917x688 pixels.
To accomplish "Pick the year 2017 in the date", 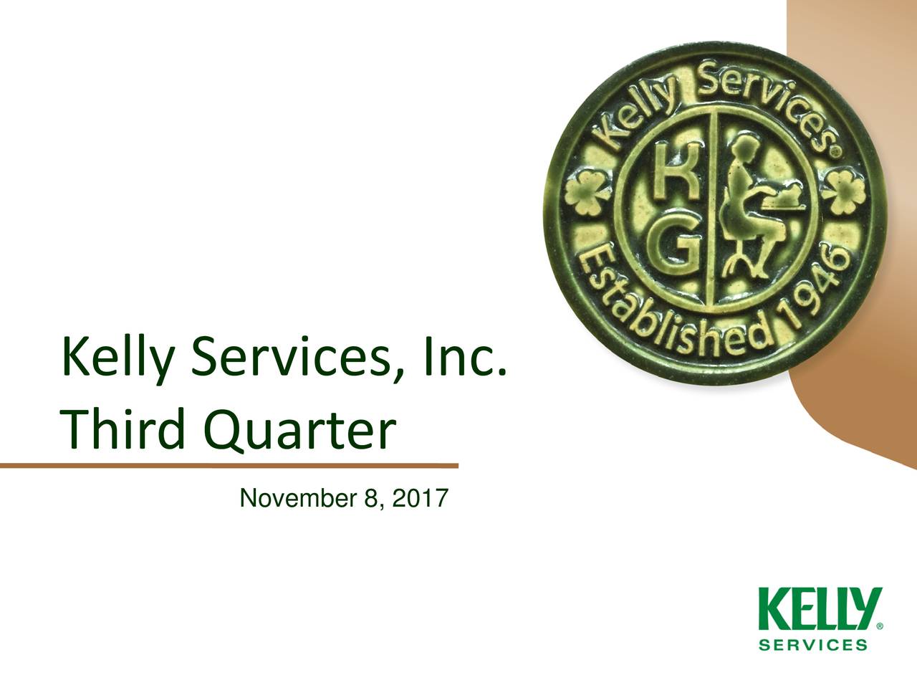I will click(418, 497).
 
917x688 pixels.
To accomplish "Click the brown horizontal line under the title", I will click(229, 466).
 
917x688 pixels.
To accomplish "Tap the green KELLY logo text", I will click(820, 610).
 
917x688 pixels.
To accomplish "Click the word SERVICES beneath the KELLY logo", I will click(813, 644).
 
